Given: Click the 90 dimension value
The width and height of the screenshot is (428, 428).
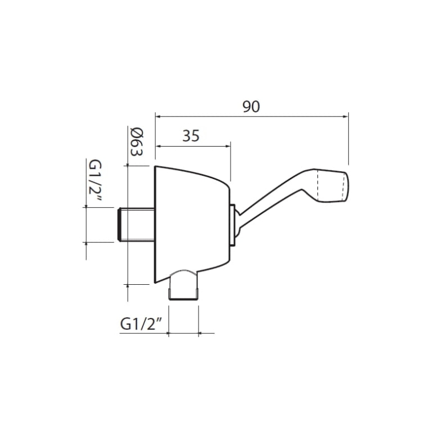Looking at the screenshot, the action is pyautogui.click(x=251, y=107).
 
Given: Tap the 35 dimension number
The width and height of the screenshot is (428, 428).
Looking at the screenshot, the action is pyautogui.click(x=191, y=136).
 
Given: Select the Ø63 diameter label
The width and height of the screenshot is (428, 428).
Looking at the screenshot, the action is pyautogui.click(x=137, y=142).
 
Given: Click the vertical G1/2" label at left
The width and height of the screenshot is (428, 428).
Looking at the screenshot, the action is pyautogui.click(x=95, y=181).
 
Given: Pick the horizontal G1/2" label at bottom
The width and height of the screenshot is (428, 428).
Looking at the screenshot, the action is pyautogui.click(x=141, y=324).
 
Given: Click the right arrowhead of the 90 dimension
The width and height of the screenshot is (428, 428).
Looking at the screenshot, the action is pyautogui.click(x=346, y=116).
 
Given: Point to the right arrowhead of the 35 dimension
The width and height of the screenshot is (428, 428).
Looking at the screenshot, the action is pyautogui.click(x=228, y=146).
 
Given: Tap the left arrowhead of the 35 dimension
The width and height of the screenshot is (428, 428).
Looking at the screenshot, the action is pyautogui.click(x=158, y=146).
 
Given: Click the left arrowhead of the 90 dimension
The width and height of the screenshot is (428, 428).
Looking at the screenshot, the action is pyautogui.click(x=158, y=116).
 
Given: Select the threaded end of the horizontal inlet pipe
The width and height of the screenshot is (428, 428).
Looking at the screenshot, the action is pyautogui.click(x=120, y=225).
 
